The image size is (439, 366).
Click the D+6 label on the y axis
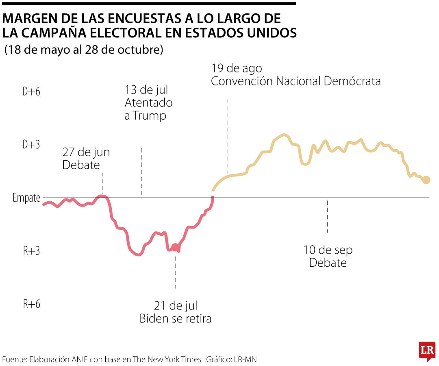pos(31,92)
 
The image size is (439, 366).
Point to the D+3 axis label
pos(31,145)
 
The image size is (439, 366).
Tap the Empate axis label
pos(26,198)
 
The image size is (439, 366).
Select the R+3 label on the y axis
pos(31,251)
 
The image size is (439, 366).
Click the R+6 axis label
pos(31,304)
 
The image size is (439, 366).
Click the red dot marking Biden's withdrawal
pos(175,247)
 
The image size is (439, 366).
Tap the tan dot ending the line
pos(426,180)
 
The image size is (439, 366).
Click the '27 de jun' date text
pos(86,152)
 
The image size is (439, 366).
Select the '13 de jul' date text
pos(146,89)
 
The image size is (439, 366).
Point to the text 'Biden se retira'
pos(175,318)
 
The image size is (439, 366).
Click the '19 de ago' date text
pos(236,68)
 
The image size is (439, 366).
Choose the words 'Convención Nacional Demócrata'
pos(296,81)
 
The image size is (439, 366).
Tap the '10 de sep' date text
pos(328,250)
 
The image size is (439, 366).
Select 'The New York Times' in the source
pos(167,359)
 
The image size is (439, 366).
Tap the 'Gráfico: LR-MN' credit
pos(231,359)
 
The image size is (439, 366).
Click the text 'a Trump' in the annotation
pos(145,115)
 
